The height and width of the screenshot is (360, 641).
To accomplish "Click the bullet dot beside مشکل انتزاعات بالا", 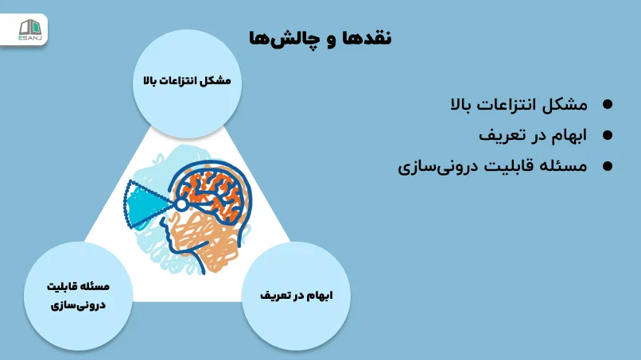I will (608, 105).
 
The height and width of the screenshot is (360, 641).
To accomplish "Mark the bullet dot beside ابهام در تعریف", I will (608, 136).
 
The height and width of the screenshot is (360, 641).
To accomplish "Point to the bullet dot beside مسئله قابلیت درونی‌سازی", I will (608, 167).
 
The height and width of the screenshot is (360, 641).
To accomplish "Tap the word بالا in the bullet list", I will (468, 105).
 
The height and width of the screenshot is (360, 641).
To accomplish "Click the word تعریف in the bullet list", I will (501, 136).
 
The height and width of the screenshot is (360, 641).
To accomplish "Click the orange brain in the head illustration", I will (212, 195).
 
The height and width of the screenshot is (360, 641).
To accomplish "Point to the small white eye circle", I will (181, 205).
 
